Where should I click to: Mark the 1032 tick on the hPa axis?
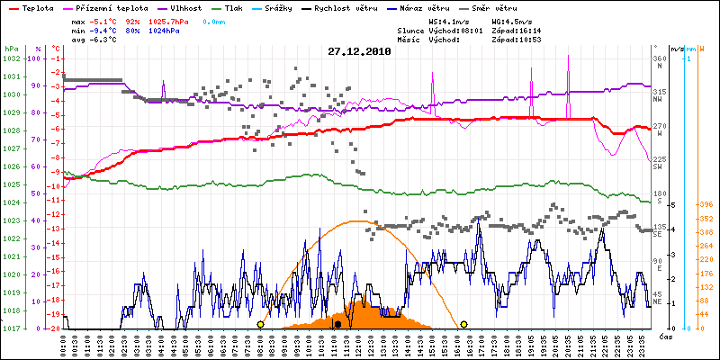[x=11, y=58]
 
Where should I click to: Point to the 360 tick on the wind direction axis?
[x=660, y=58]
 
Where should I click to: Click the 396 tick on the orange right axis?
[x=706, y=203]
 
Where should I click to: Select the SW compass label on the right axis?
[x=658, y=167]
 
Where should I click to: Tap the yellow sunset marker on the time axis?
[x=463, y=324]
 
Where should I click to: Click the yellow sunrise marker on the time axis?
[x=260, y=324]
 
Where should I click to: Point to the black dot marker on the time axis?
[x=337, y=324]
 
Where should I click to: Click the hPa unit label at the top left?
[x=11, y=48]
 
